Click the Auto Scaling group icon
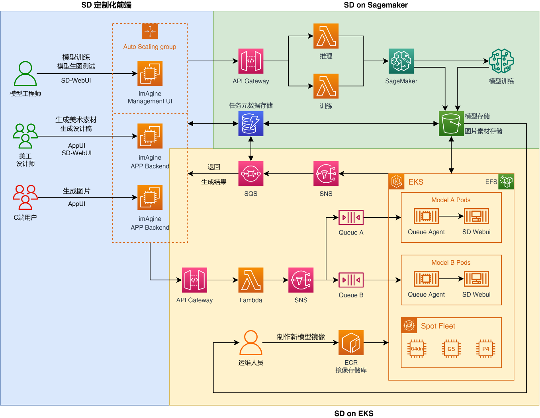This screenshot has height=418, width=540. pos(150,31)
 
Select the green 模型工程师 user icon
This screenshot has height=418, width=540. pos(25,74)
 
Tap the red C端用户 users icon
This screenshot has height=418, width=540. pos(25,197)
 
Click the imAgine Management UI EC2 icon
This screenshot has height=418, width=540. pos(150,73)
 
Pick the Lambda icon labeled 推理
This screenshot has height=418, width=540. pos(326,36)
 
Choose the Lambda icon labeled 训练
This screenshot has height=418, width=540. pos(326,86)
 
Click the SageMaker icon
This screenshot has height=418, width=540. pos(401,61)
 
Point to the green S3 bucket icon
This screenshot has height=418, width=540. pos(451,124)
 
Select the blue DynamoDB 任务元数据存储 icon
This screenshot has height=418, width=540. pos(251,124)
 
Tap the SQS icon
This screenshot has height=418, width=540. pos(251,174)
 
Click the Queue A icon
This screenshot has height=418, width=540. pos(351,217)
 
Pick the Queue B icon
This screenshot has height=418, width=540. pos(351,280)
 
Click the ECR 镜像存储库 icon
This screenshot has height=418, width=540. pos(351,342)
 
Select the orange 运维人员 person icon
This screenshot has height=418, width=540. pos(250,342)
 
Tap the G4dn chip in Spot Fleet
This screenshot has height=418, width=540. pos(417,349)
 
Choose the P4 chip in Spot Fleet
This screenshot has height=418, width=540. pos(486,349)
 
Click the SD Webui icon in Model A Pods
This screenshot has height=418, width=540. pos(476,216)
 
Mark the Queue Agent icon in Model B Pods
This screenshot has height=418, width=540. pos(426,279)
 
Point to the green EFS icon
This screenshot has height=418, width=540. pos(506,182)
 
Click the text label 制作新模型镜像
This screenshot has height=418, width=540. pos(301,337)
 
